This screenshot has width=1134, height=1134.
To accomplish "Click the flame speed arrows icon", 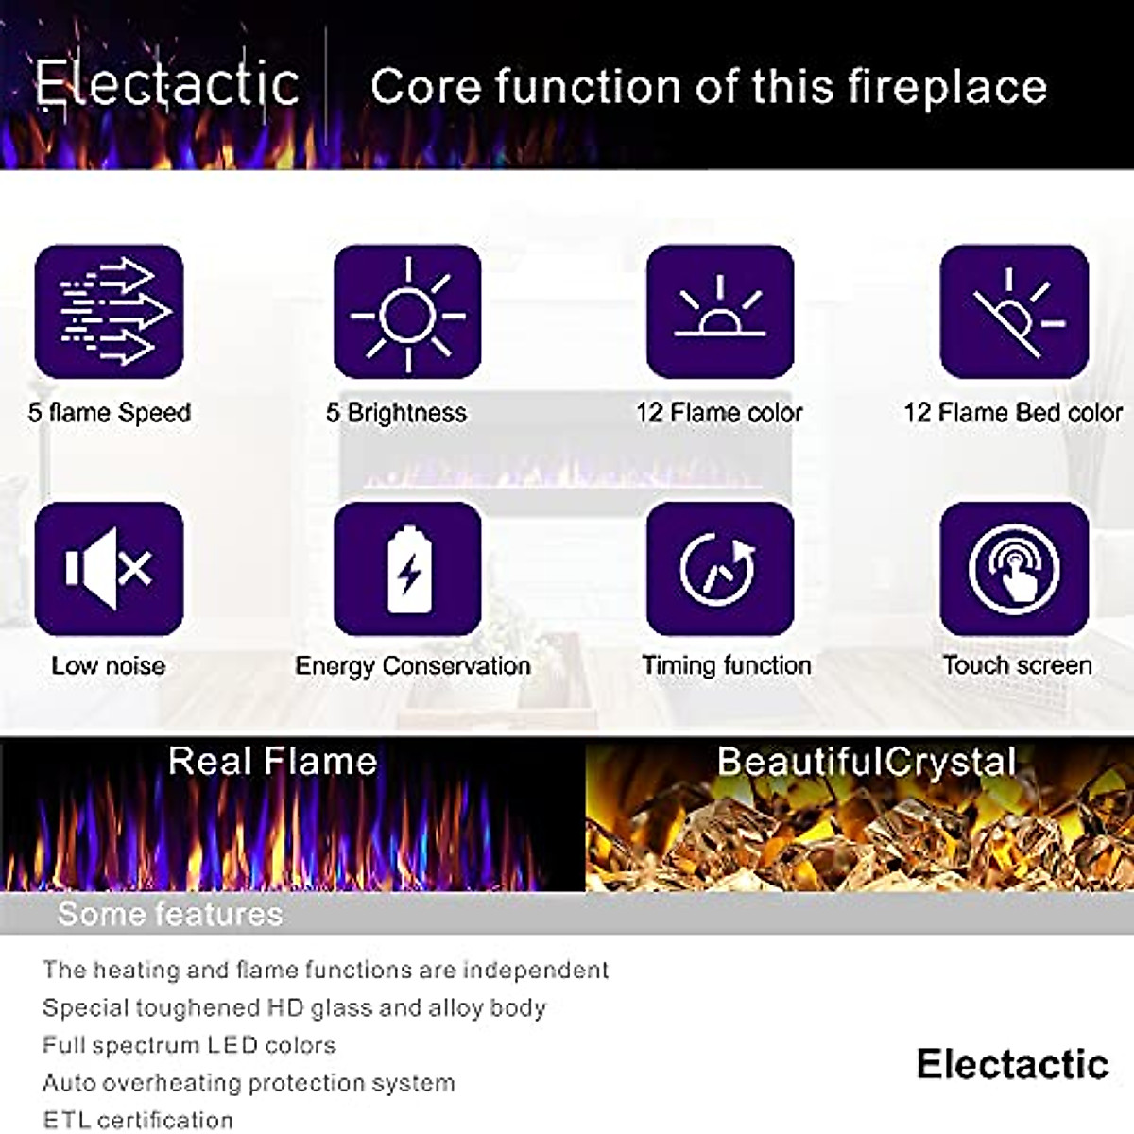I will tap(109, 311).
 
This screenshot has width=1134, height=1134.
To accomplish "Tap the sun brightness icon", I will tap(407, 311).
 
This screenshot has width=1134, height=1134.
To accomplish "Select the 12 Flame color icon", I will tap(720, 311).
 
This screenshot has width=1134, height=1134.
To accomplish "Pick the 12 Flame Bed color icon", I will tap(1014, 311).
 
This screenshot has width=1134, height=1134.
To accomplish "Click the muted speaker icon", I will tap(109, 569).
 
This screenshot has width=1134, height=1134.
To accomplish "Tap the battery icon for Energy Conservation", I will tap(407, 569).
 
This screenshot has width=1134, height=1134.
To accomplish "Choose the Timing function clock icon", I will tap(720, 569).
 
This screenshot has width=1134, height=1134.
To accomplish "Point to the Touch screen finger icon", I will tap(1014, 569).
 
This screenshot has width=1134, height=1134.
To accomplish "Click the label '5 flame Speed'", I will tap(110, 413).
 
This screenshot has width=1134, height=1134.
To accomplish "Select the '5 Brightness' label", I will tap(396, 413).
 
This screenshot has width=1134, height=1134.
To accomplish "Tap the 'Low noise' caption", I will tap(108, 665).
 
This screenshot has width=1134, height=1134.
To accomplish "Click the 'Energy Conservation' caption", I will tap(413, 666).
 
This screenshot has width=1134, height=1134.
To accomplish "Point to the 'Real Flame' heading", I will tap(272, 761).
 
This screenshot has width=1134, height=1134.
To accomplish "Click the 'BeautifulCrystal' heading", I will tap(867, 762).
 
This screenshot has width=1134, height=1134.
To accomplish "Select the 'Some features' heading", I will tap(170, 914).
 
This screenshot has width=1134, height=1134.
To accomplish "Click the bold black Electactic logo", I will tap(1012, 1064).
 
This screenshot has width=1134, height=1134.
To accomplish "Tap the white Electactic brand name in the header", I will tap(167, 83).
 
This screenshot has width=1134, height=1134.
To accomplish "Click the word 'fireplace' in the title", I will tap(947, 87).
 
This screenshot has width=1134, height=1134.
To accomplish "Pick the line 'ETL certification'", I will tap(138, 1120).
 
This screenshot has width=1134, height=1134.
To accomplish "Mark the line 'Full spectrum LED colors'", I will tap(189, 1045).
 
